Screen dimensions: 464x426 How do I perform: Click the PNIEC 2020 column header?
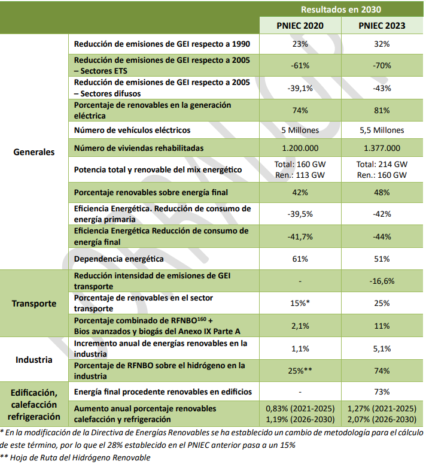[300, 26]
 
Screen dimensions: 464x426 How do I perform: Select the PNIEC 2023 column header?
[382, 26]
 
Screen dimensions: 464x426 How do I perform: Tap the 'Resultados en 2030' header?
[340, 9]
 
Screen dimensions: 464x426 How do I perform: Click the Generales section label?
[34, 151]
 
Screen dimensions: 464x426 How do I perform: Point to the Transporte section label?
[34, 303]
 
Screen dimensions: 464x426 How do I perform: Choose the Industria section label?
[34, 360]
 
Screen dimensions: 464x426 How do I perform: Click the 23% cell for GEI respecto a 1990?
[300, 44]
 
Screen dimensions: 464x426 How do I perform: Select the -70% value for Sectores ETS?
[382, 66]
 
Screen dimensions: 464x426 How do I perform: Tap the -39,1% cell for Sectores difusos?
[300, 88]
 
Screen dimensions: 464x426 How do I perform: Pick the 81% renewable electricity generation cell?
[382, 110]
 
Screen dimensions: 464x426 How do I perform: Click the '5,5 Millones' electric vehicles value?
[382, 131]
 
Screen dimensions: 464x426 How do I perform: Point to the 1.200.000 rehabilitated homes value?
[300, 148]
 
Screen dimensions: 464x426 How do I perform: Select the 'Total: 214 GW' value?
[382, 164]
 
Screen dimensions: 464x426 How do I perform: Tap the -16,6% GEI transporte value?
[382, 281]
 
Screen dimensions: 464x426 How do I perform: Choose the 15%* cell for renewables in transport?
[300, 304]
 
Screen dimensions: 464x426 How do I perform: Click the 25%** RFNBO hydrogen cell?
[300, 371]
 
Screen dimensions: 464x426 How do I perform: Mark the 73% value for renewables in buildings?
[382, 392]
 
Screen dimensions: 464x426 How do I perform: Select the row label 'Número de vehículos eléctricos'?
[132, 131]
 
